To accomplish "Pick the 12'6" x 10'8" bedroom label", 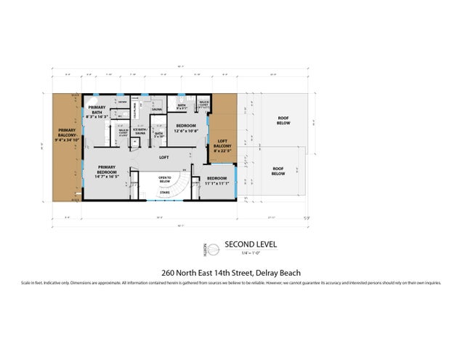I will (x=185, y=129).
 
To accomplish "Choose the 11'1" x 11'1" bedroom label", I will (x=217, y=181).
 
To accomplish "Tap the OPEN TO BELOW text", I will (x=164, y=179).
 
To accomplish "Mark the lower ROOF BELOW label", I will (x=278, y=172).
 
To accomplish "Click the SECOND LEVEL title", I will (x=251, y=244).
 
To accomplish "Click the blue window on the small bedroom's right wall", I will (x=236, y=181).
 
